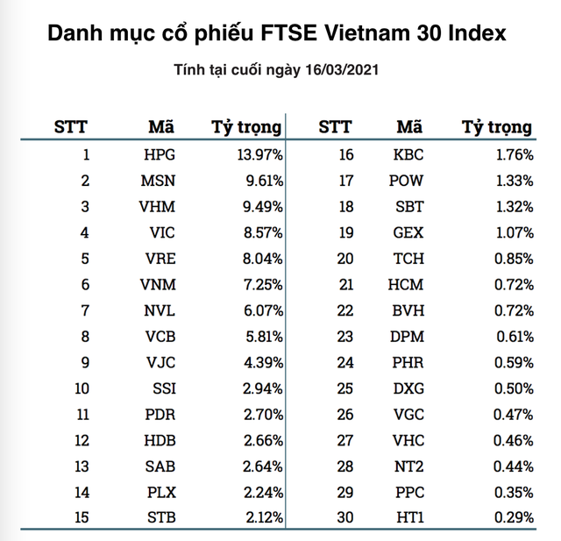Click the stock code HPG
(159, 155)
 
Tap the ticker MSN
(158, 182)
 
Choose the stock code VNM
(158, 285)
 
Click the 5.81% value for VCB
(257, 337)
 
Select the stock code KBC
(408, 155)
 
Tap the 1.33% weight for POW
(511, 182)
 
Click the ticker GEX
(408, 233)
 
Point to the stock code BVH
(408, 311)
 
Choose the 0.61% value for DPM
(511, 337)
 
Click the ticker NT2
(408, 466)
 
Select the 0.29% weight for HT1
(511, 518)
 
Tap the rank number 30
(344, 518)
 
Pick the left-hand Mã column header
(161, 126)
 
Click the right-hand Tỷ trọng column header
(496, 127)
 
